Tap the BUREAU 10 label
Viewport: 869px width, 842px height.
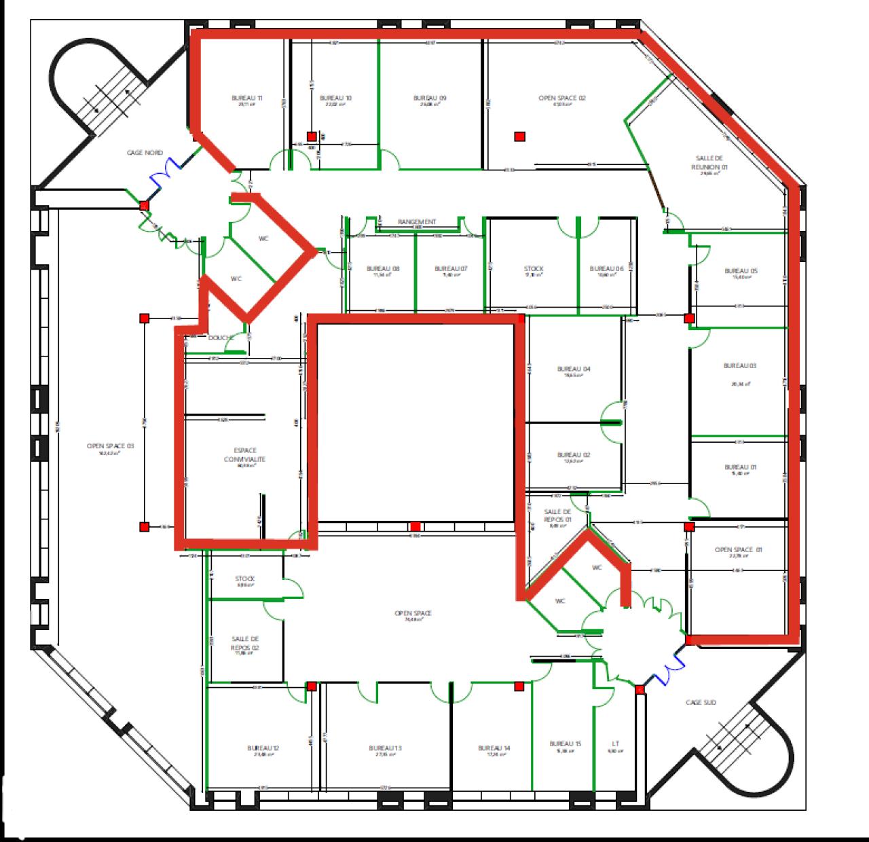(335, 98)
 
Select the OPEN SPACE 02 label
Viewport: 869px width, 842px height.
(561, 98)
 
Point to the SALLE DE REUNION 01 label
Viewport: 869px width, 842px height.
(709, 162)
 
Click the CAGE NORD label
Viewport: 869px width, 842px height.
(145, 153)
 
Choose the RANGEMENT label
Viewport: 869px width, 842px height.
(417, 222)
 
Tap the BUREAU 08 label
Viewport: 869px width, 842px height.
(383, 269)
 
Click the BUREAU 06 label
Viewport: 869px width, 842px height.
(606, 269)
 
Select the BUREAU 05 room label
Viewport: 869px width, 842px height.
(741, 271)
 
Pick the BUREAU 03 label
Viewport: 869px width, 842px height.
(740, 366)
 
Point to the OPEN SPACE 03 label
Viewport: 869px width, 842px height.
(111, 446)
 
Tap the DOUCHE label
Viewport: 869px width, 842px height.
(221, 337)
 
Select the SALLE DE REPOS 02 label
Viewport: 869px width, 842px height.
(245, 643)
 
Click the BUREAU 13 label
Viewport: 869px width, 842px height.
(386, 748)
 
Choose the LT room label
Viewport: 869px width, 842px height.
(615, 744)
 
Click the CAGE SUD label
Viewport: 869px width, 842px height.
(701, 703)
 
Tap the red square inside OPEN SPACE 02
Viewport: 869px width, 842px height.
(520, 136)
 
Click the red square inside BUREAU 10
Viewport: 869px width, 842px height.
(312, 136)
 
